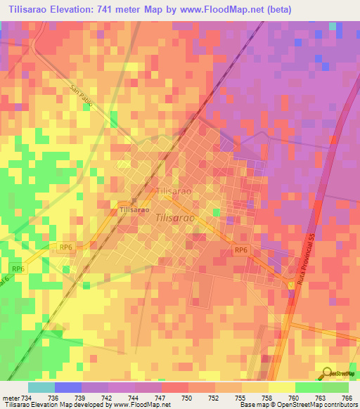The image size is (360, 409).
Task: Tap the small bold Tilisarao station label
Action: [134, 210]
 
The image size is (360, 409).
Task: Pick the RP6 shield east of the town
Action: [240, 251]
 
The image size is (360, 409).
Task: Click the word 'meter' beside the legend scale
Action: [11, 397]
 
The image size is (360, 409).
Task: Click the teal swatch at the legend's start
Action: [41, 387]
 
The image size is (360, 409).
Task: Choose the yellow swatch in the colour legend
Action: [281, 387]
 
